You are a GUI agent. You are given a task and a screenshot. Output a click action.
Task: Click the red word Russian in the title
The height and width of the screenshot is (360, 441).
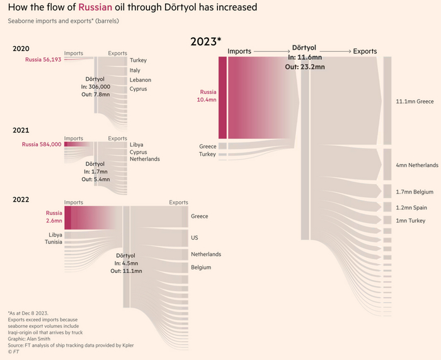click(95, 8)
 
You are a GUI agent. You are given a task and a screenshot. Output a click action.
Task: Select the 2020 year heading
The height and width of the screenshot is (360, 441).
click(21, 49)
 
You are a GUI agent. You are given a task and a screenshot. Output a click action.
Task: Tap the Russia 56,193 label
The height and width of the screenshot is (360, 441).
click(43, 60)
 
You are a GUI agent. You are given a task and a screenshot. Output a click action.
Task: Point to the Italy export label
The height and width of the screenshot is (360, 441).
click(135, 70)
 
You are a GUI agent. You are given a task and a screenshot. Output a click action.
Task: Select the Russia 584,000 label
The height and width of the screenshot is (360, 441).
click(42, 144)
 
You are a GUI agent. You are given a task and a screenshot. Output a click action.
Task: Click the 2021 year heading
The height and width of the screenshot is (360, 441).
click(21, 130)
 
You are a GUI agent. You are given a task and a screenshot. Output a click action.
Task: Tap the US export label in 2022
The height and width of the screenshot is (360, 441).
click(195, 238)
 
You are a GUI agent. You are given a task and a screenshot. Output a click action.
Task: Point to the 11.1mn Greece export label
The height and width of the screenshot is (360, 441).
click(415, 101)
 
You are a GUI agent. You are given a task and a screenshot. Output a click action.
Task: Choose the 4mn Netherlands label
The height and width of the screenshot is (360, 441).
click(416, 165)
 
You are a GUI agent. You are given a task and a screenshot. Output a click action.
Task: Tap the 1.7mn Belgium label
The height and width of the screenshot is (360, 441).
click(415, 192)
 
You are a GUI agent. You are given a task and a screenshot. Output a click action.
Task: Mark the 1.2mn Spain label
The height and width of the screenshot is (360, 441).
click(411, 207)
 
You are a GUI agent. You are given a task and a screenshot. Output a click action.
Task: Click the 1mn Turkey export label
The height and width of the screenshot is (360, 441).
click(411, 221)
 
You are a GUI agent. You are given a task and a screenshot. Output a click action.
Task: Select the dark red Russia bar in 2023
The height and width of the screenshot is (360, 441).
click(222, 97)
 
